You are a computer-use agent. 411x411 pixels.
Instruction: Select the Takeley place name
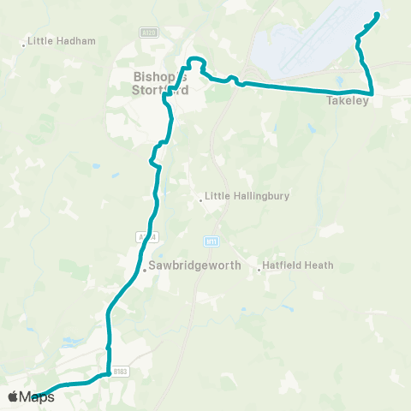(x=347, y=101)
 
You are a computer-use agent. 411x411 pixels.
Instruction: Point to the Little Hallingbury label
(x=247, y=195)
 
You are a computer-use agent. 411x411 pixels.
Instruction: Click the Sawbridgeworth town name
(x=194, y=266)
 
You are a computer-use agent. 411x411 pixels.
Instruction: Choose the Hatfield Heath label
(x=296, y=266)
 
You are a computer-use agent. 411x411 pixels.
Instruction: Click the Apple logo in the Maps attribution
(x=12, y=396)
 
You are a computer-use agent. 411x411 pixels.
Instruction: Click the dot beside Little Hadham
(x=24, y=44)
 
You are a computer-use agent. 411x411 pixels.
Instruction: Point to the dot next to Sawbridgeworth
(x=145, y=269)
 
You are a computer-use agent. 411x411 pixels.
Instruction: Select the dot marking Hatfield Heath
(x=259, y=269)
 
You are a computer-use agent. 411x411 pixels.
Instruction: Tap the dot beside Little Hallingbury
(x=201, y=200)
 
